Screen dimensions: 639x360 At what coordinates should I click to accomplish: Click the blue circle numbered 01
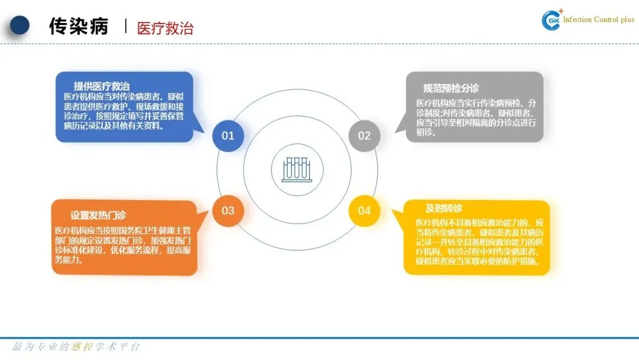pyautogui.click(x=228, y=136)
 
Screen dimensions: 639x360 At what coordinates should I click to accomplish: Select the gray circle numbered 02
pyautogui.click(x=364, y=136)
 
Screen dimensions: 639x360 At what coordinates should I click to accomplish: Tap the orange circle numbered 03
pyautogui.click(x=228, y=211)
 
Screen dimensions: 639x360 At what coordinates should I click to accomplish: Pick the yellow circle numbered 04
pyautogui.click(x=364, y=211)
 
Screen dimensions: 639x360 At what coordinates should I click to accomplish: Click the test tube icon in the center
pyautogui.click(x=296, y=169)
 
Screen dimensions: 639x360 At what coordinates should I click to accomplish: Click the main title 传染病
pyautogui.click(x=79, y=27)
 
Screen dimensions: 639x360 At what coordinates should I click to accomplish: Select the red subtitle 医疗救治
pyautogui.click(x=165, y=28)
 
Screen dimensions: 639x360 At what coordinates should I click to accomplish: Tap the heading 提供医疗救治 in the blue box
pyautogui.click(x=102, y=86)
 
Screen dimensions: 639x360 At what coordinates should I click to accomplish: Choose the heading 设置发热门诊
pyautogui.click(x=98, y=215)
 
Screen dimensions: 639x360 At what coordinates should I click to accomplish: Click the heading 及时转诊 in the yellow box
pyautogui.click(x=444, y=208)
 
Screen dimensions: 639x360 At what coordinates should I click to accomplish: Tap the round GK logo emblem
pyautogui.click(x=551, y=20)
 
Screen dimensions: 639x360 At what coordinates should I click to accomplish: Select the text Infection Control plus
pyautogui.click(x=598, y=20)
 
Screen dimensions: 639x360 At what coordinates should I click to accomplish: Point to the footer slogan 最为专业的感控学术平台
pyautogui.click(x=76, y=346)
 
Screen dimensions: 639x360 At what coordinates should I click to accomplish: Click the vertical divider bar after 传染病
pyautogui.click(x=125, y=26)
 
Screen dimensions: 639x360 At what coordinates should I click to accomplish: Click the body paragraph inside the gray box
pyautogui.click(x=476, y=117)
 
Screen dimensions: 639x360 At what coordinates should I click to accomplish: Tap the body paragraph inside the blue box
pyautogui.click(x=124, y=111)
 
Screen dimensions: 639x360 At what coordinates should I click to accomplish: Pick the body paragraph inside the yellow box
pyautogui.click(x=477, y=242)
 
